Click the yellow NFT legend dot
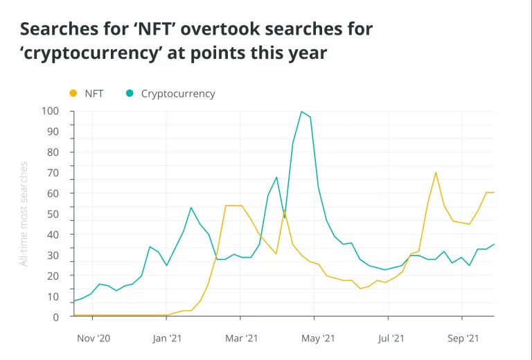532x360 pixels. coord(73,93)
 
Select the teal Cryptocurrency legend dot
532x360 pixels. coord(130,93)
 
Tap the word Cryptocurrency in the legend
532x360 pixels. coord(178,93)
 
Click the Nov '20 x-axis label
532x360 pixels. coord(93,339)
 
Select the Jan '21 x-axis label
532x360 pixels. coord(166,339)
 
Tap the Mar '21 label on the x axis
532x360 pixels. coord(241,339)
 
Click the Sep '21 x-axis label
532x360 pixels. coord(463,339)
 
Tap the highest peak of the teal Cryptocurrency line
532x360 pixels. coord(301,111)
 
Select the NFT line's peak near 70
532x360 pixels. coord(436,172)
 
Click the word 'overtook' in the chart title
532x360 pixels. coord(227,29)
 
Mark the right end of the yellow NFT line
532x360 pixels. coord(494,192)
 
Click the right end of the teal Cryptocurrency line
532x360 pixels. coord(494,244)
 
